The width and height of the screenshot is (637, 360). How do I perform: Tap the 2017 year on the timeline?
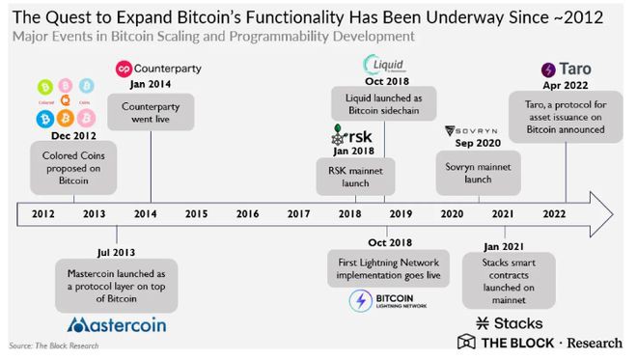pyautogui.click(x=298, y=212)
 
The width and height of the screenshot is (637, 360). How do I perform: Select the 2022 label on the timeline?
pyautogui.click(x=554, y=212)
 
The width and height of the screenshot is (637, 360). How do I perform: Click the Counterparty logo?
pyautogui.click(x=159, y=69)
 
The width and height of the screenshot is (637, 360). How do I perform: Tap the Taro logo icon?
pyautogui.click(x=548, y=69)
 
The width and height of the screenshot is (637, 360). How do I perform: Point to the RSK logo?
pyautogui.click(x=345, y=135)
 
